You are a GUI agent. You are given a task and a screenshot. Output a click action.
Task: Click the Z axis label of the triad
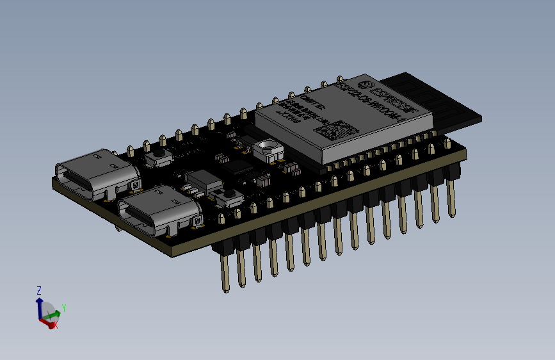[x=39, y=290]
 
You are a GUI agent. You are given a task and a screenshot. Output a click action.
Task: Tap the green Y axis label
[x=64, y=309]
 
